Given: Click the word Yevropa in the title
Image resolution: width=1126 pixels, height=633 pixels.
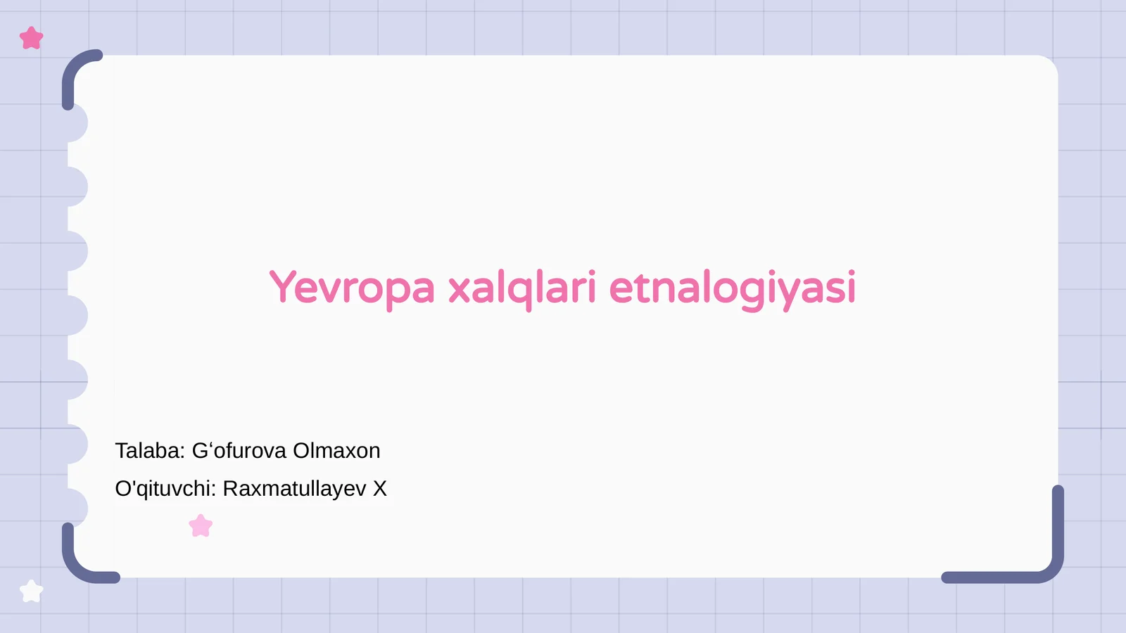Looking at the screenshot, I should coord(352,288).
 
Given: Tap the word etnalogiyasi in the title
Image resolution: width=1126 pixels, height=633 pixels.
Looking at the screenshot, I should coord(732,288).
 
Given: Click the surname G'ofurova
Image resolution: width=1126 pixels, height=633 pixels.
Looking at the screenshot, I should coord(239,451).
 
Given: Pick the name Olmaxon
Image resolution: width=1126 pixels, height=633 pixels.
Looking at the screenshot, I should coord(336,451).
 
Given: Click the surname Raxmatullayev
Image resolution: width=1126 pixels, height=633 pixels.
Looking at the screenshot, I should coord(294,489).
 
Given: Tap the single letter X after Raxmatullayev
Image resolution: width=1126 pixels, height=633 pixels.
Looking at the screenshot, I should coord(380,489).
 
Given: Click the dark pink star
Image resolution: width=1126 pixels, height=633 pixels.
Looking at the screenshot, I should coord(32,38).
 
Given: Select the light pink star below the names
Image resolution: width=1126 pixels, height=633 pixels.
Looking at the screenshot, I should coord(201,525).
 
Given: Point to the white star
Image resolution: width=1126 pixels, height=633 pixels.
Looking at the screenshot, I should coord(32,591).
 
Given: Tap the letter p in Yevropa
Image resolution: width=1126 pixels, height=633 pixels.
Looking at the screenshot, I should coord(388,291).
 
